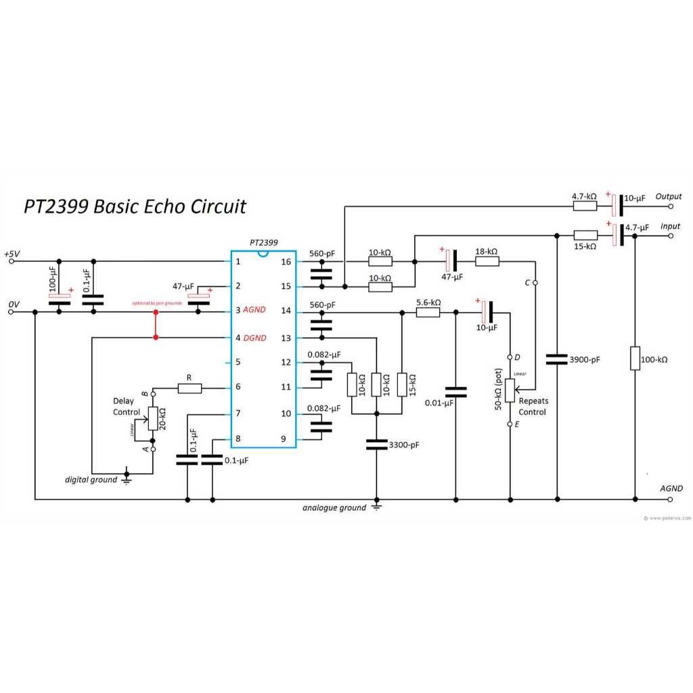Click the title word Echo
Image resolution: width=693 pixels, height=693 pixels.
162,206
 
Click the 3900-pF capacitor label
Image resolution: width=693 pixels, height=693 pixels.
585,359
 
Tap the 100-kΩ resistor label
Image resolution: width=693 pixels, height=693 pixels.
653,359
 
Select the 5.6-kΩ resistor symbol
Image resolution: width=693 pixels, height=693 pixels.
428,312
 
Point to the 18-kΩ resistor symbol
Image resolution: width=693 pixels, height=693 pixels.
487,261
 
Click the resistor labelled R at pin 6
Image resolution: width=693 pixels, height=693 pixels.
189,388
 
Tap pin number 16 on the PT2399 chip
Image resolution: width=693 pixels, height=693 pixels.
286,261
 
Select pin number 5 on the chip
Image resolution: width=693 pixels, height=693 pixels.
238,362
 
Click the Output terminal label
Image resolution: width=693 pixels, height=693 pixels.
668,196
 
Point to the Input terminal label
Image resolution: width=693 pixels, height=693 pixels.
671,226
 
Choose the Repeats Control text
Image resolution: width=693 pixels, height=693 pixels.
533,406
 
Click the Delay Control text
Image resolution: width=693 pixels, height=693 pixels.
127,406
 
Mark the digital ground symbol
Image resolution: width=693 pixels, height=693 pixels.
127,479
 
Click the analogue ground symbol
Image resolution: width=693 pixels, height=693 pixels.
376,507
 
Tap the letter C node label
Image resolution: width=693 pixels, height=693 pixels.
527,282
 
